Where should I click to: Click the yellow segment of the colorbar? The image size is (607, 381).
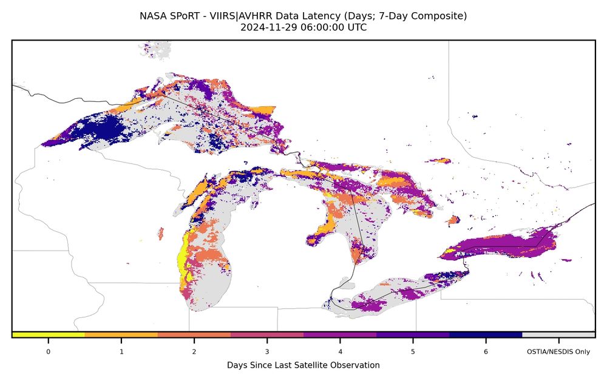tap(49, 335)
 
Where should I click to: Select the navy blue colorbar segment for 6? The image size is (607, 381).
tap(486, 335)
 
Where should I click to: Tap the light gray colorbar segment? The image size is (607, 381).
tap(558, 335)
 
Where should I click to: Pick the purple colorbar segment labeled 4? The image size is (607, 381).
tap(340, 335)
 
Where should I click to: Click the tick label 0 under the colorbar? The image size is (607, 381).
tap(49, 351)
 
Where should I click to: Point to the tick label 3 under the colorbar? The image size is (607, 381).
tap(267, 351)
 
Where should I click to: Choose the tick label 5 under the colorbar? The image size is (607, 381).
tap(413, 351)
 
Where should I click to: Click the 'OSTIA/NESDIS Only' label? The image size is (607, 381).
tap(558, 351)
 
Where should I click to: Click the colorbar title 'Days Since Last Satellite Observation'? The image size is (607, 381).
tap(303, 365)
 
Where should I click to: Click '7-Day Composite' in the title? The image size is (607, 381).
tap(432, 16)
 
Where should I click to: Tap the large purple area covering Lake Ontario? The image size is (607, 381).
tap(498, 248)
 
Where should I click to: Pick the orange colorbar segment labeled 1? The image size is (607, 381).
tap(121, 335)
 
